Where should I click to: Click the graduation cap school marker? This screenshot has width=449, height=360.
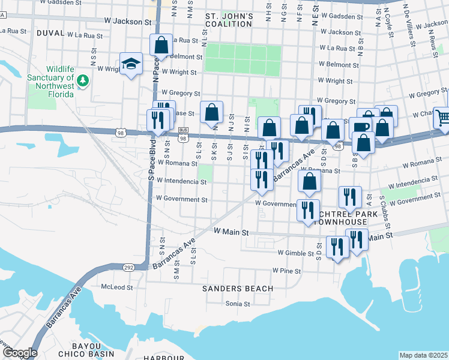130,64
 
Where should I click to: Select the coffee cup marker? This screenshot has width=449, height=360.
361,127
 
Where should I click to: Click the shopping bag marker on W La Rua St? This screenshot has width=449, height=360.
161,44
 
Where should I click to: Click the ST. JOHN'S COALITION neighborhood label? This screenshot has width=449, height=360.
229,20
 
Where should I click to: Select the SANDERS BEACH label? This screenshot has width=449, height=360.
238,289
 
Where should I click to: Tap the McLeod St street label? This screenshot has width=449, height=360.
117,287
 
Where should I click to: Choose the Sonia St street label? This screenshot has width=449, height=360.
237,304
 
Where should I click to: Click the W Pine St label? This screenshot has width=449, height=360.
286,271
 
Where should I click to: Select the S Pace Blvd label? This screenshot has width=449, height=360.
152,163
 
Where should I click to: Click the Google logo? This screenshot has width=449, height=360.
19,353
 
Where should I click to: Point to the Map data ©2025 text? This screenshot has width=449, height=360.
423,355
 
